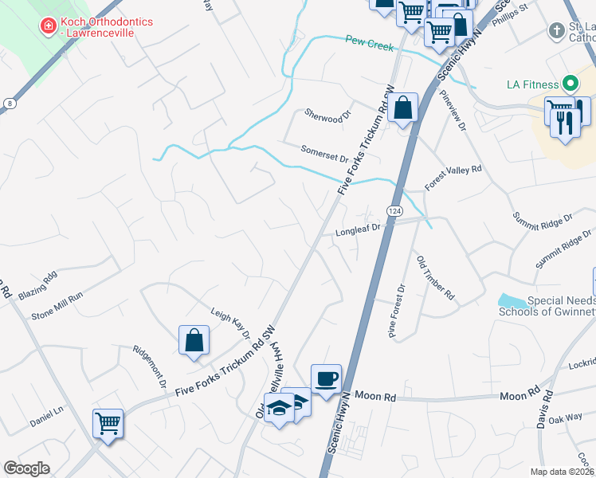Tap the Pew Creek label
click(x=370, y=44)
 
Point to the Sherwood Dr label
click(x=327, y=116)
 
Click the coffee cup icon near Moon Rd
click(x=326, y=378)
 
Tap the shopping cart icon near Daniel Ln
click(x=108, y=423)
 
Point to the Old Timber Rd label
click(x=435, y=278)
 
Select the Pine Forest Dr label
click(x=397, y=311)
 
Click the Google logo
click(x=26, y=468)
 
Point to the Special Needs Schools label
click(x=547, y=306)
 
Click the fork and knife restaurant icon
click(x=567, y=123)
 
